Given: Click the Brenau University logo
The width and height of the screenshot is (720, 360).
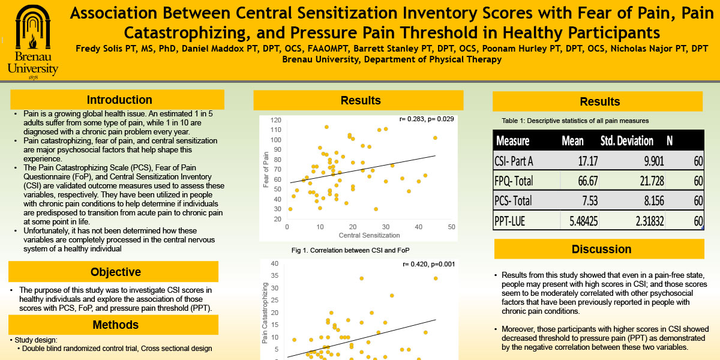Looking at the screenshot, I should click(x=33, y=41).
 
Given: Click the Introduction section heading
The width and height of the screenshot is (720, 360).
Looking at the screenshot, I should click(x=119, y=100).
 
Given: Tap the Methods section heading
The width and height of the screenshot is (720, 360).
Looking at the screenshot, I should click(x=115, y=325).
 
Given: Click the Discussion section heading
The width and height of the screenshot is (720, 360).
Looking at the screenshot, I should click(x=601, y=249).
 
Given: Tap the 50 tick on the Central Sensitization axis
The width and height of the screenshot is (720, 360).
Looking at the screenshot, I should click(x=451, y=227).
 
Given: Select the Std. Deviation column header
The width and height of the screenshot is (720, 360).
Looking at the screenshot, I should click(x=626, y=141).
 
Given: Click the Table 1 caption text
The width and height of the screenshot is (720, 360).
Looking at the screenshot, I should click(x=575, y=121).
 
